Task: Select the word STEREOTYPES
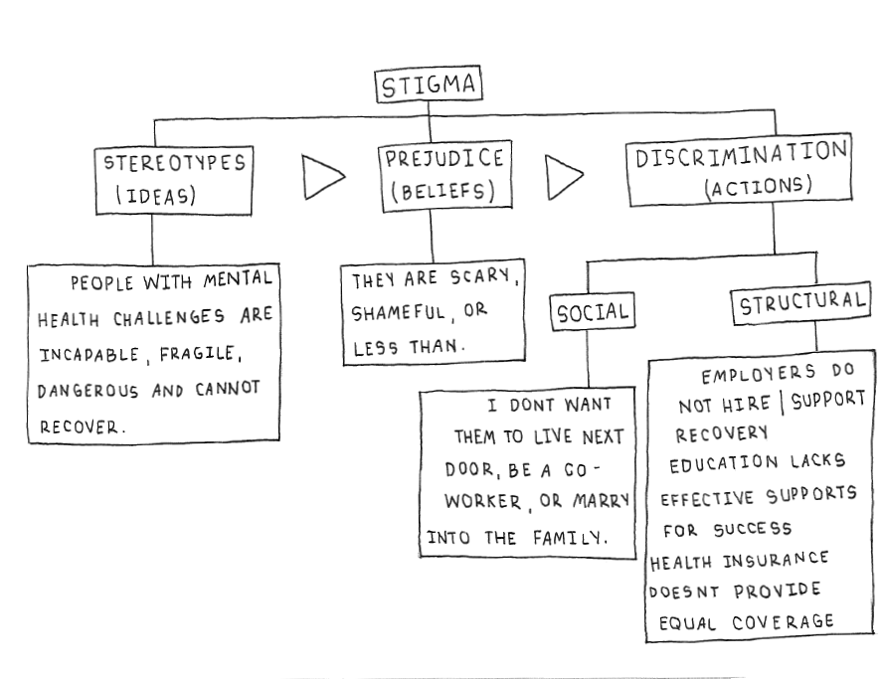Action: click(x=175, y=161)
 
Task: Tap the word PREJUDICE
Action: click(x=443, y=158)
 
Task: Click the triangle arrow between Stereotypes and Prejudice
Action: click(x=324, y=177)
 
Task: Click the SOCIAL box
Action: click(x=593, y=313)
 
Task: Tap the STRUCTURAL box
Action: click(x=799, y=304)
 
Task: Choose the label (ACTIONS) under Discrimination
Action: click(x=759, y=187)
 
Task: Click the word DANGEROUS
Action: click(x=88, y=391)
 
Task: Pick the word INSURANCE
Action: click(x=776, y=561)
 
